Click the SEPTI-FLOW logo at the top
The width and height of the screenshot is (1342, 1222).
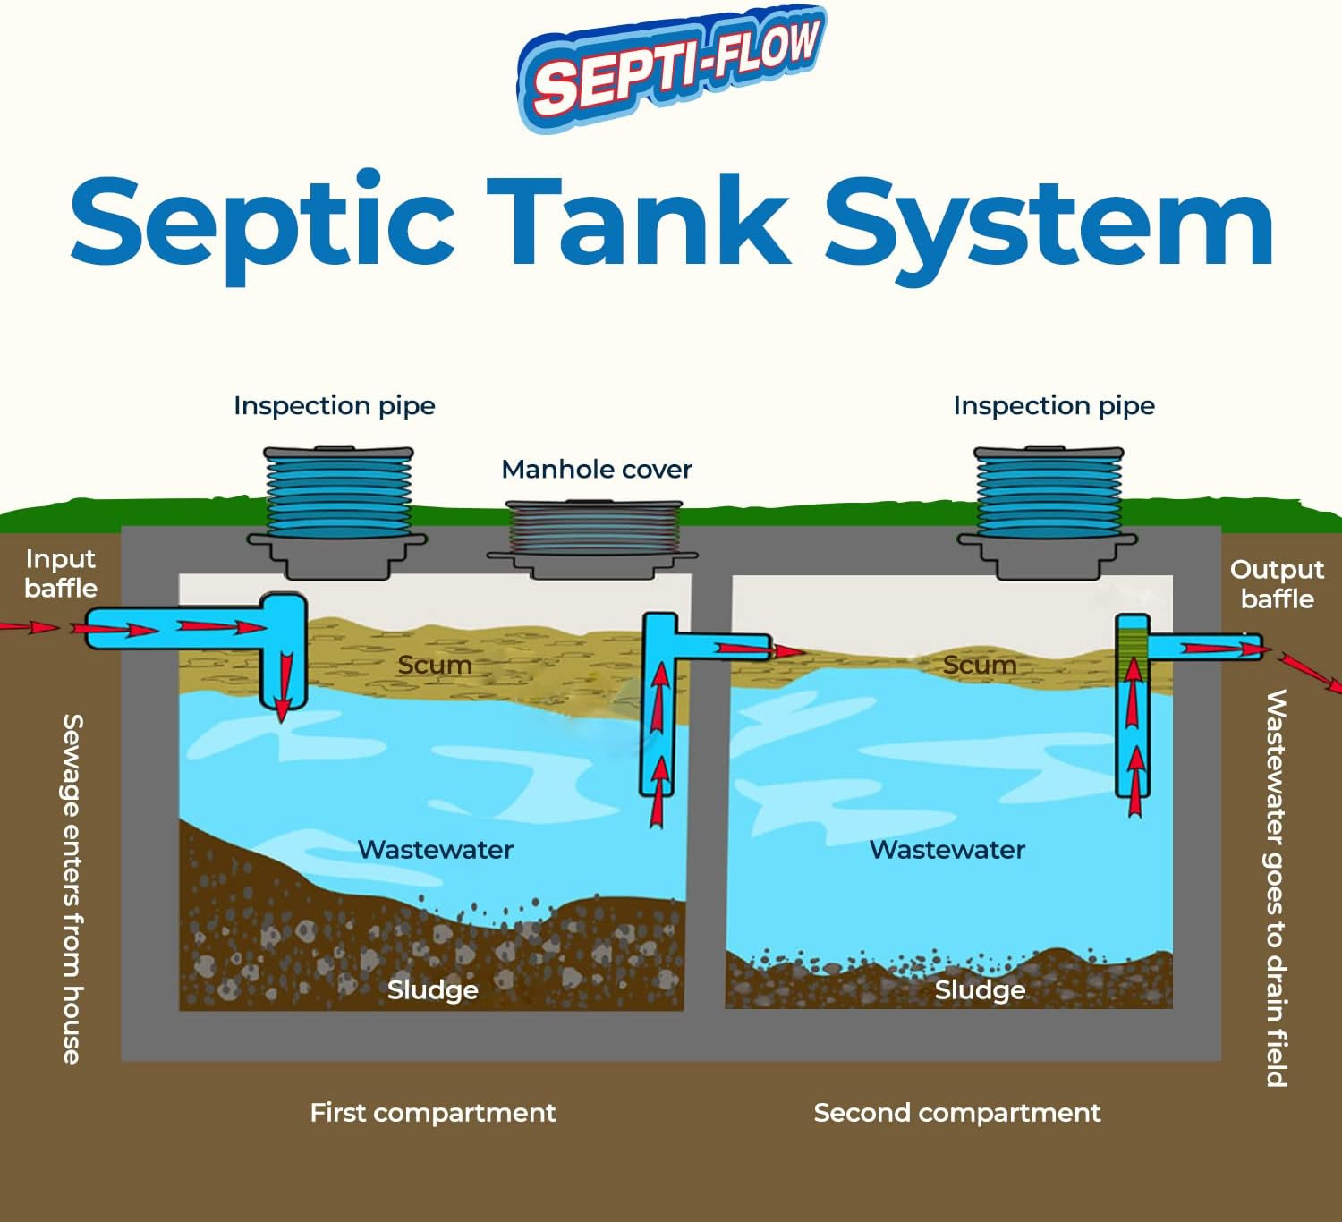pos(673,67)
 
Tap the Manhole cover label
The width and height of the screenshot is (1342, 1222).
pos(597,469)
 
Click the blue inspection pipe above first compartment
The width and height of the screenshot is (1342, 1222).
pos(338,491)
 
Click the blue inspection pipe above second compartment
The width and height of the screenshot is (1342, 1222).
pos(1049,491)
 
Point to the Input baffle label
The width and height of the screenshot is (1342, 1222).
pos(60,573)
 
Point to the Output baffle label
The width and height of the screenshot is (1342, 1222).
pos(1277,583)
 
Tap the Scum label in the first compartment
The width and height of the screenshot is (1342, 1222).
pos(434,665)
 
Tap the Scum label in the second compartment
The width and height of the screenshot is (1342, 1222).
pos(979,665)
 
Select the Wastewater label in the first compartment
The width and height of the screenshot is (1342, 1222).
pos(435,849)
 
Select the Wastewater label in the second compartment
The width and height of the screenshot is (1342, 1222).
pos(947,849)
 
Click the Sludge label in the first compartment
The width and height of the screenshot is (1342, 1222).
pos(432,989)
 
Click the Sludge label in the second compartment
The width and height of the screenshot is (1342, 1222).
pos(980,989)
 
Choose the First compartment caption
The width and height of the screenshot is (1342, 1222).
pos(432,1112)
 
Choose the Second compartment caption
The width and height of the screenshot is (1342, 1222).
pos(956,1112)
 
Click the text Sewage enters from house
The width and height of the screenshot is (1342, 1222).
pos(72,887)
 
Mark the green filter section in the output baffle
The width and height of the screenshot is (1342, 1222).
pos(1133,644)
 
